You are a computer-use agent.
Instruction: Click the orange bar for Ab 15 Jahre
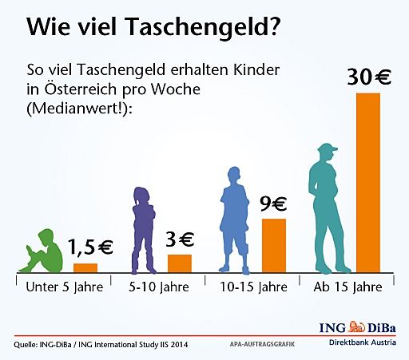[x=368, y=183]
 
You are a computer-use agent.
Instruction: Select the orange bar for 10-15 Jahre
[x=273, y=245]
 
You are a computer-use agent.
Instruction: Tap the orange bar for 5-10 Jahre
[x=179, y=263]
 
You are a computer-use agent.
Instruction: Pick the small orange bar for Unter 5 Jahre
[x=85, y=267]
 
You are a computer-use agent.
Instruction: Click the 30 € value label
[x=369, y=77]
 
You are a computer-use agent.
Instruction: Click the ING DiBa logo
[x=361, y=327]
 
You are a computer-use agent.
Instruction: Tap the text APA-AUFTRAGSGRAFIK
[x=251, y=345]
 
